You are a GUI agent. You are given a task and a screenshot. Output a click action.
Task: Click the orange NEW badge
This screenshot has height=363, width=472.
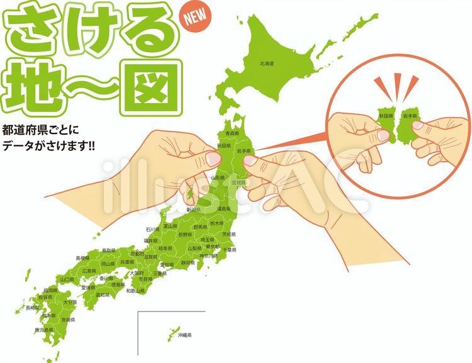coord(194,18)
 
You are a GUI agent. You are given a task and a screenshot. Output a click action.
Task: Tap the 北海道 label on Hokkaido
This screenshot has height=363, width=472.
coord(267,64)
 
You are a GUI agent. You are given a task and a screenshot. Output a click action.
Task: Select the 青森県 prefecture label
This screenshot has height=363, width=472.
coord(233,133)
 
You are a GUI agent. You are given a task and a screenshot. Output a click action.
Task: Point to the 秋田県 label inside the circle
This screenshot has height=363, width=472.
coord(385,116)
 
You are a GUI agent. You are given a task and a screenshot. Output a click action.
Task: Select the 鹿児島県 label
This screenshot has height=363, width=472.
coord(43,330)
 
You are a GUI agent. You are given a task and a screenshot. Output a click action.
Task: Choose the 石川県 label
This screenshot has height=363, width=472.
coord(153,230)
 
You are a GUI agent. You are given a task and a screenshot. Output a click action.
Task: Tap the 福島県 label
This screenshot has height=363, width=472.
coord(223,208)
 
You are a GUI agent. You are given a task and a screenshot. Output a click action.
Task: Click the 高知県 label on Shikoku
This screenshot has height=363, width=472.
coord(102,294)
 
